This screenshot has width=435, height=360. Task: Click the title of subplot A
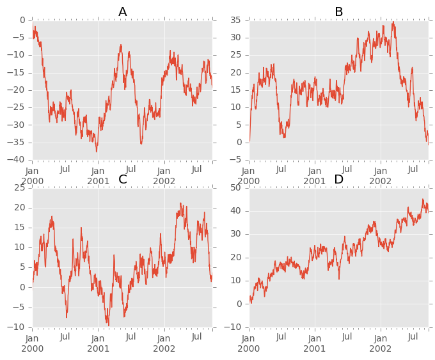(x=123, y=12)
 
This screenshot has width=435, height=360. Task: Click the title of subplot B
(x=339, y=12)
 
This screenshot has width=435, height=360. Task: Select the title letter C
(x=123, y=179)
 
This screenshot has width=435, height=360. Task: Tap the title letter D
(x=339, y=179)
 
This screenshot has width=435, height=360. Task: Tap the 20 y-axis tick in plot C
(x=20, y=207)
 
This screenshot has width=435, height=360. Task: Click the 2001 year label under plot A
(x=98, y=181)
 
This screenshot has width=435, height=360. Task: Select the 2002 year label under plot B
(x=380, y=181)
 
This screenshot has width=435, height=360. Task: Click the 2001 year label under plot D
(x=314, y=348)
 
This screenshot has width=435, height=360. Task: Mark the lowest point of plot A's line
(x=97, y=152)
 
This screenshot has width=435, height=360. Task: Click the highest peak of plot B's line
(x=393, y=22)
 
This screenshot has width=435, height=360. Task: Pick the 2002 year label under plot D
(x=380, y=348)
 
